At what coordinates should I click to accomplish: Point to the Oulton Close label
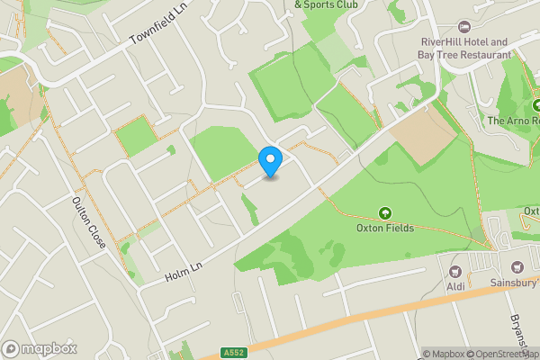[88, 224]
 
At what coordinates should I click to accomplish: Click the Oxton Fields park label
[385, 228]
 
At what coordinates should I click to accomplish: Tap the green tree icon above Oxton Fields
[385, 213]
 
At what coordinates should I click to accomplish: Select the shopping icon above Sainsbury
[517, 266]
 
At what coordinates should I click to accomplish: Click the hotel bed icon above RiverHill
[464, 26]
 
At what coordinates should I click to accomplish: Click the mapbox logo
[40, 348]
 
